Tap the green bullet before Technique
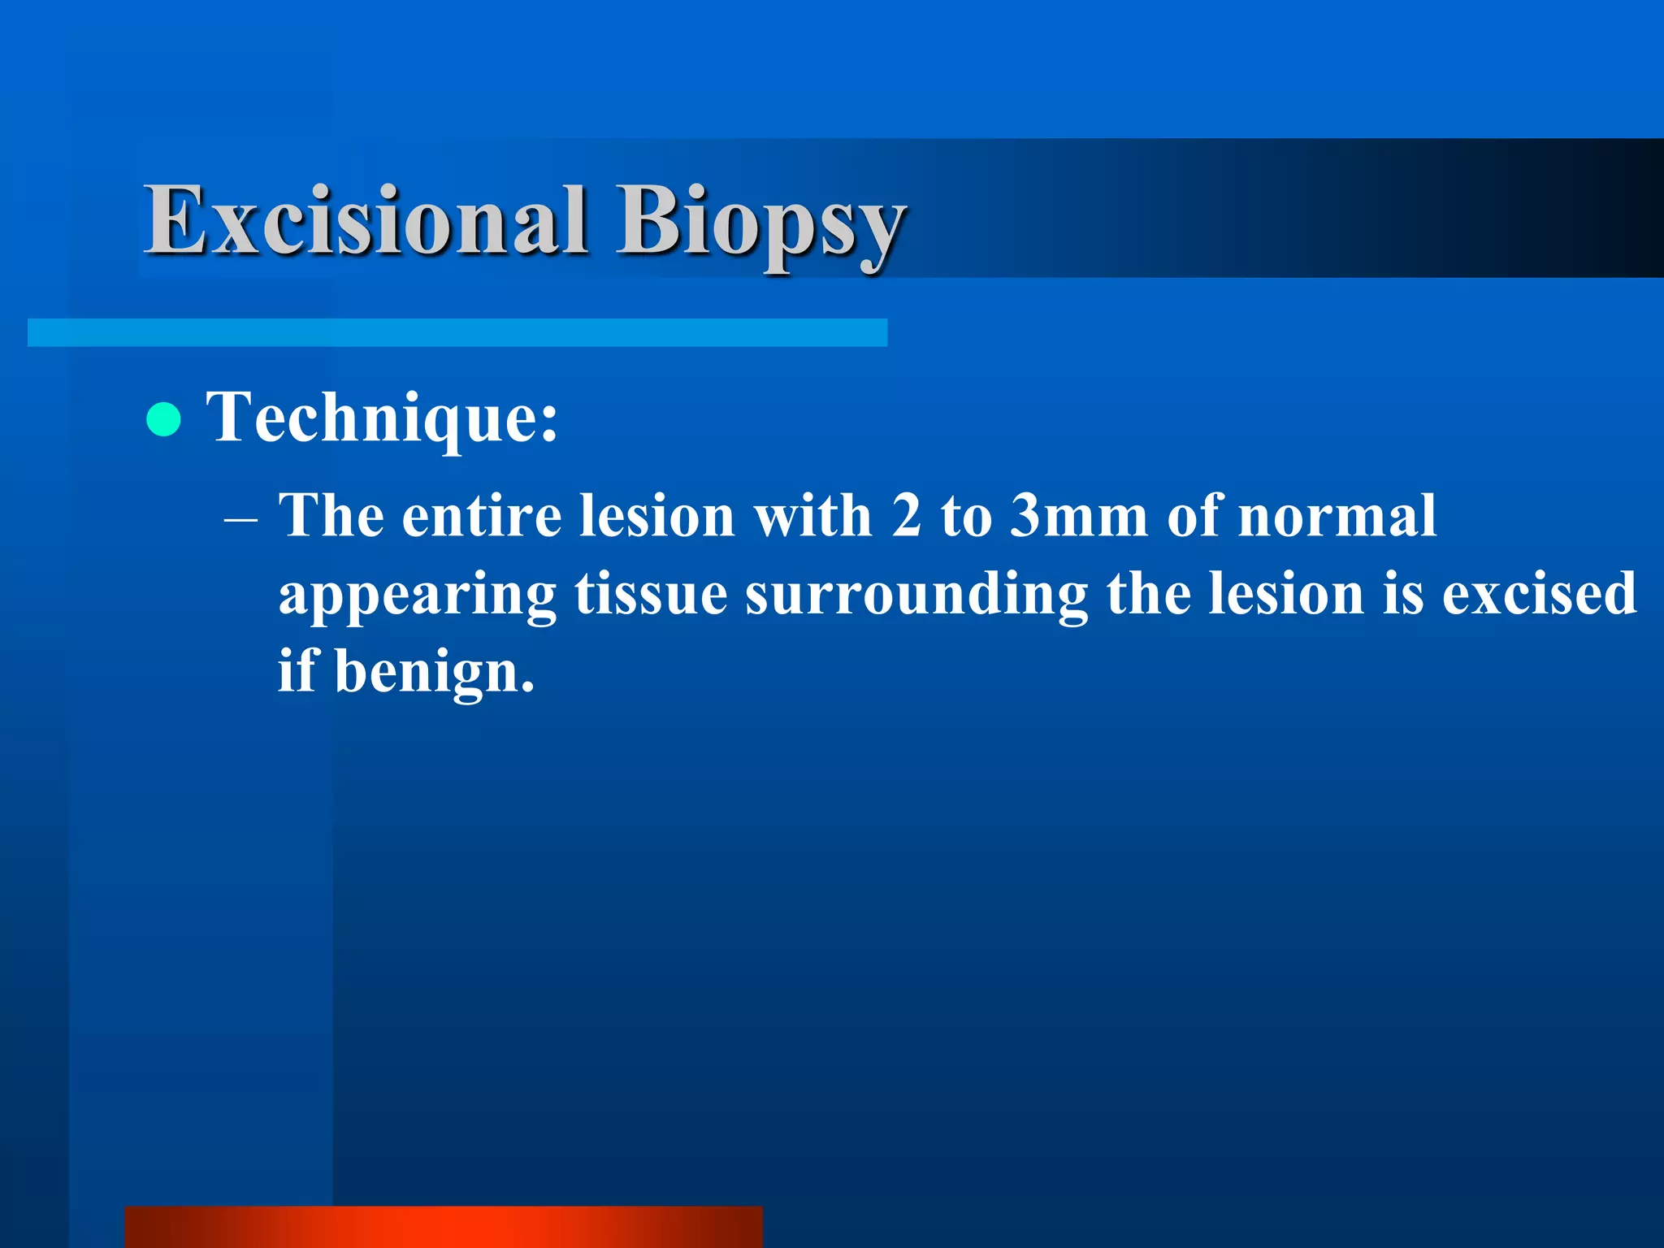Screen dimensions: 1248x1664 pyautogui.click(x=164, y=419)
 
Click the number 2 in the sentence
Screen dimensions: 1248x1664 pyautogui.click(x=906, y=517)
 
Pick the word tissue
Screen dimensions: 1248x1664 pyautogui.click(x=651, y=594)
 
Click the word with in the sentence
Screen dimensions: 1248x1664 pyautogui.click(x=812, y=517)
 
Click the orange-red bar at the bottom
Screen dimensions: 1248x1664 pyautogui.click(x=444, y=1227)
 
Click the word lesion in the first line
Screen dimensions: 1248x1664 pyautogui.click(x=657, y=517)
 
